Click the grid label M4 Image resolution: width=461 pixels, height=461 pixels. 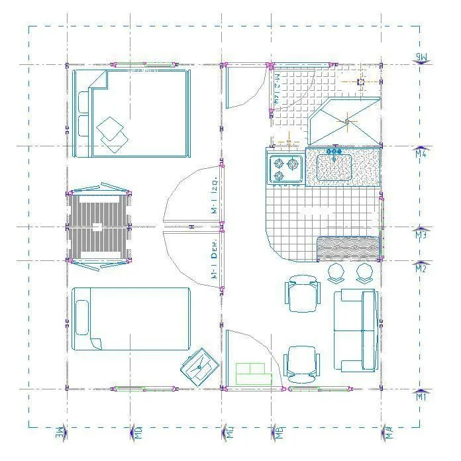coord(421,154)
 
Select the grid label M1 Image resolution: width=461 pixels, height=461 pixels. coord(421,397)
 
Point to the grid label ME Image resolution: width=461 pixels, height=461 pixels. coord(60,434)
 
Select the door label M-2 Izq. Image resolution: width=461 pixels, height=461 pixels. coord(278,89)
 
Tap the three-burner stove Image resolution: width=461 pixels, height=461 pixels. coord(285,168)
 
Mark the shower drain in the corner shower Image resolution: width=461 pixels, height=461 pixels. coord(346,121)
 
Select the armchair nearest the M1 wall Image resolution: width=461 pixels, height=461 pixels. coord(301,364)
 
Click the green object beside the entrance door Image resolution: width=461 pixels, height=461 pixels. coord(254,374)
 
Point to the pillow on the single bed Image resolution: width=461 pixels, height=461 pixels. coord(82,319)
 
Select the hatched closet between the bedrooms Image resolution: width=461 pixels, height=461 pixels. coord(98,227)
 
